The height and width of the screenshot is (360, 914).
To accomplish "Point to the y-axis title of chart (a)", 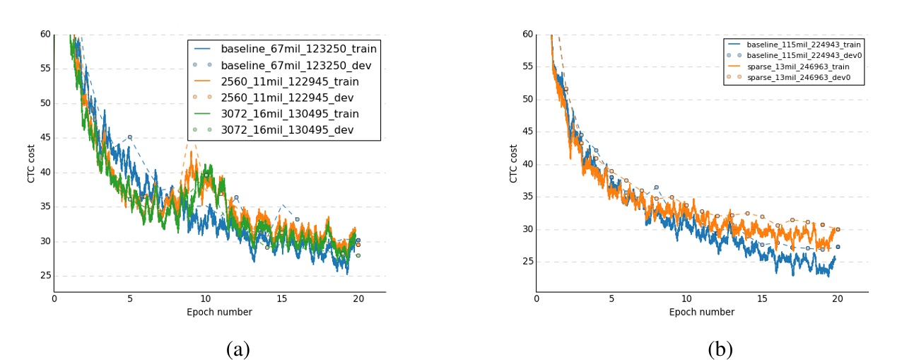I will [30, 163].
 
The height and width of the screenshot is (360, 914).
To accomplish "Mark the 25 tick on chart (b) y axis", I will [527, 262].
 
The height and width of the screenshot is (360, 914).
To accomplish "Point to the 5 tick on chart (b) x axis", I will [612, 299].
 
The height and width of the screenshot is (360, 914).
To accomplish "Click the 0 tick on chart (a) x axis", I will [54, 299].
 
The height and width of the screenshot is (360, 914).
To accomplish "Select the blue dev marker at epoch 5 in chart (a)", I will [130, 137].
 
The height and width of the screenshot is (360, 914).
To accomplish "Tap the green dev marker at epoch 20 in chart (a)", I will [358, 255].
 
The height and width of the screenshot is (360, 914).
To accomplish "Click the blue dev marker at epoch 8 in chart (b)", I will [657, 187].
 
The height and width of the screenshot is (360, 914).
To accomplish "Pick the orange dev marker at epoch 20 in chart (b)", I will [838, 229].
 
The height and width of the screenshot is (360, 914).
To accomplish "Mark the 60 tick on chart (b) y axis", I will [527, 33].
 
